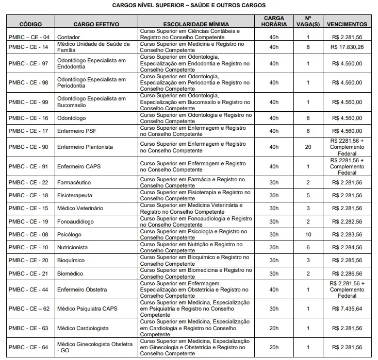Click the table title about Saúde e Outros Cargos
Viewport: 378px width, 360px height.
[x=189, y=6]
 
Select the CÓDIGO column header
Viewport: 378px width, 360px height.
[x=30, y=24]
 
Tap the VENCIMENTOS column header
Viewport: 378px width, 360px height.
[x=347, y=24]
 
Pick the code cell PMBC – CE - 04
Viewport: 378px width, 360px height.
[x=30, y=37]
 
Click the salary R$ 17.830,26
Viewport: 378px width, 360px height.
[x=347, y=47]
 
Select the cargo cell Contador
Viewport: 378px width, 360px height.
[x=69, y=37]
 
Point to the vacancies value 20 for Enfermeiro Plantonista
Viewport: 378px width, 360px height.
[x=308, y=147]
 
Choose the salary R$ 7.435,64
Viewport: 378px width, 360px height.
[x=347, y=308]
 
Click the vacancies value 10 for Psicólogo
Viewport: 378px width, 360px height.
[x=308, y=234]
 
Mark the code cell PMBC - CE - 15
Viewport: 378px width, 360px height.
[x=30, y=208]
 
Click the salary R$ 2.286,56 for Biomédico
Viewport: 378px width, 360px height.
[x=347, y=273]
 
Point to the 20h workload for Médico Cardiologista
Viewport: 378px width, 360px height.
[x=274, y=328]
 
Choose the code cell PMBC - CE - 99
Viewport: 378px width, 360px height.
[x=30, y=102]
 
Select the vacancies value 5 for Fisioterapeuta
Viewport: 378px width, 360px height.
[x=308, y=195]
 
